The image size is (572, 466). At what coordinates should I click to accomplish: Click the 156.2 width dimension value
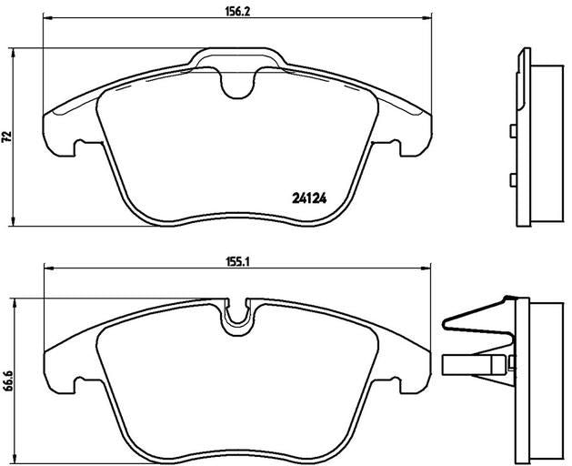tap(236, 11)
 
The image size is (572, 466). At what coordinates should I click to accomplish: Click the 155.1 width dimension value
tap(236, 262)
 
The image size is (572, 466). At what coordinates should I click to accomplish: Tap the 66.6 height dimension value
tap(8, 381)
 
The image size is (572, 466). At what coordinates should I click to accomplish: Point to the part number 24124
tap(309, 198)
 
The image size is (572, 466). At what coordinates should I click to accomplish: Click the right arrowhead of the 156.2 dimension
tap(427, 17)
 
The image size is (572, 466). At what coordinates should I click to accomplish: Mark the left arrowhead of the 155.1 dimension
tap(48, 268)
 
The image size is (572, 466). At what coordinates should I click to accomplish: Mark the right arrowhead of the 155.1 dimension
tap(426, 268)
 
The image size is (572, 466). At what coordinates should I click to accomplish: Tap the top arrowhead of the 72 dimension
tap(14, 53)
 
